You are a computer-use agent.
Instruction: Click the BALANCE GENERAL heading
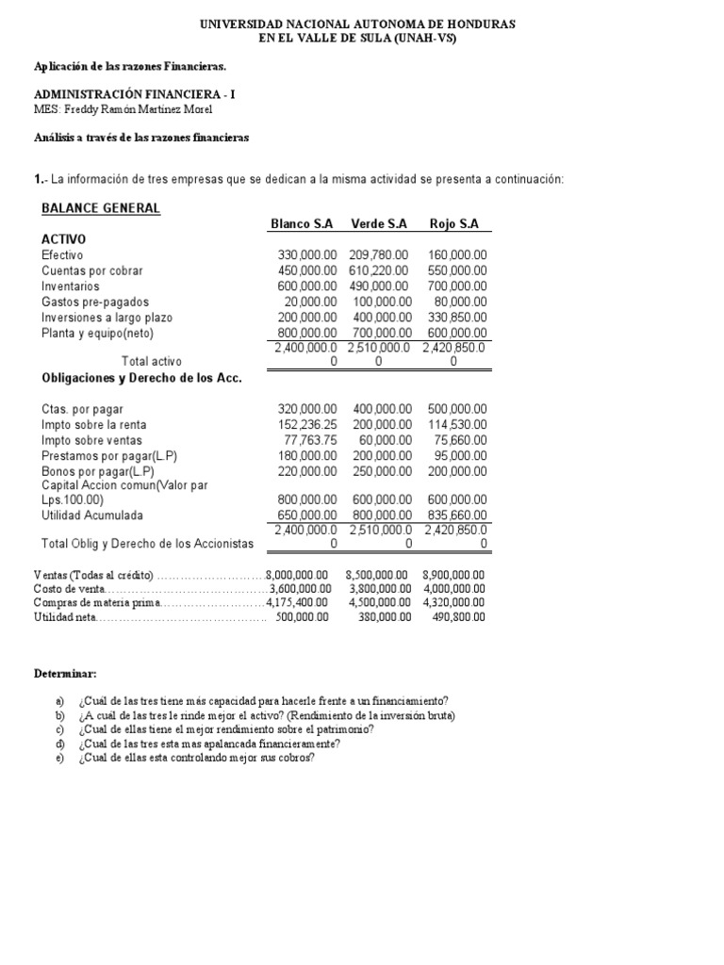point(101,208)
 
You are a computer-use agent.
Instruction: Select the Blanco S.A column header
point(302,223)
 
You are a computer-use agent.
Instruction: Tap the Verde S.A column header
point(379,223)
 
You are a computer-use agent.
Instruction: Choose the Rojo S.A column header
point(454,223)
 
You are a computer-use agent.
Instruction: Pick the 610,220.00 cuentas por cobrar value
point(379,270)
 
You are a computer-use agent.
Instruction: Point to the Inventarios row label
point(70,286)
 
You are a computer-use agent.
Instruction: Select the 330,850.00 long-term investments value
point(455,318)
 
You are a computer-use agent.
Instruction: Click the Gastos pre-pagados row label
point(85,303)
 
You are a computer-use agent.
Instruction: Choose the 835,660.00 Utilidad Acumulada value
point(455,515)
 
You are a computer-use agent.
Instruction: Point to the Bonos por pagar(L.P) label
point(98,471)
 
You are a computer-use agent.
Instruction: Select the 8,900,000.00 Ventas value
point(453,575)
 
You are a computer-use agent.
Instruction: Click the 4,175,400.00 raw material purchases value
point(298,602)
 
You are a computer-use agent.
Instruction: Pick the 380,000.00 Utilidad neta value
point(379,617)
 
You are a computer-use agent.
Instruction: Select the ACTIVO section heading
point(64,239)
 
